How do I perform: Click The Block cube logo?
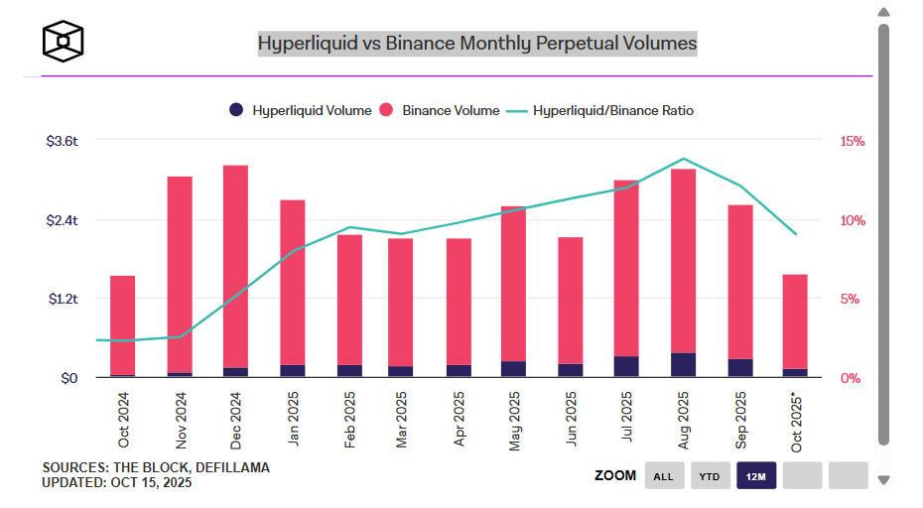click(63, 41)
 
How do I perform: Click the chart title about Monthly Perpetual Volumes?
click(477, 44)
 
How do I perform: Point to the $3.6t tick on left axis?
click(62, 141)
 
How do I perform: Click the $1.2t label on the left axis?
click(62, 299)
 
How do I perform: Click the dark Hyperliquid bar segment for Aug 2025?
click(683, 365)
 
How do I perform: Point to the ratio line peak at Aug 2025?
click(683, 159)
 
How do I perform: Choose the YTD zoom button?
click(710, 476)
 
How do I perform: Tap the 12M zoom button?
click(755, 476)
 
